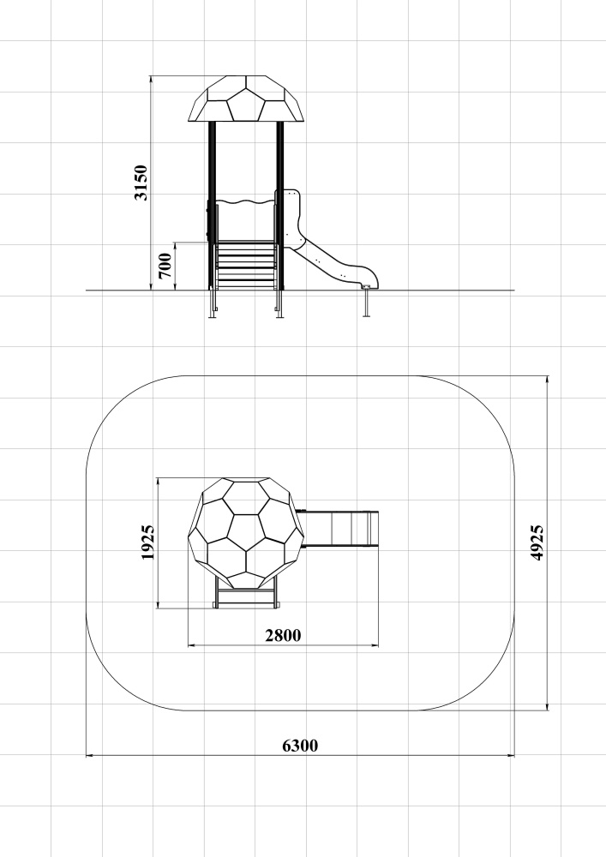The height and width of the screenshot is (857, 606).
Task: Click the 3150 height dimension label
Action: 141,183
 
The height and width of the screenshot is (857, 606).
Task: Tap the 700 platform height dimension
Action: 165,266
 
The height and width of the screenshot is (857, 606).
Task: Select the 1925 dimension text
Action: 147,542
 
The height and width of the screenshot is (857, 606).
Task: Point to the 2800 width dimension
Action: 283,636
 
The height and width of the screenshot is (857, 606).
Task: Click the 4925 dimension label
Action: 537,542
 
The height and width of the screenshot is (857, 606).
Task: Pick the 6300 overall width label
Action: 300,746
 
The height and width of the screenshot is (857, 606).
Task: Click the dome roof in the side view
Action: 246,99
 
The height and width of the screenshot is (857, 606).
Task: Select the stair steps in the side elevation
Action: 246,266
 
